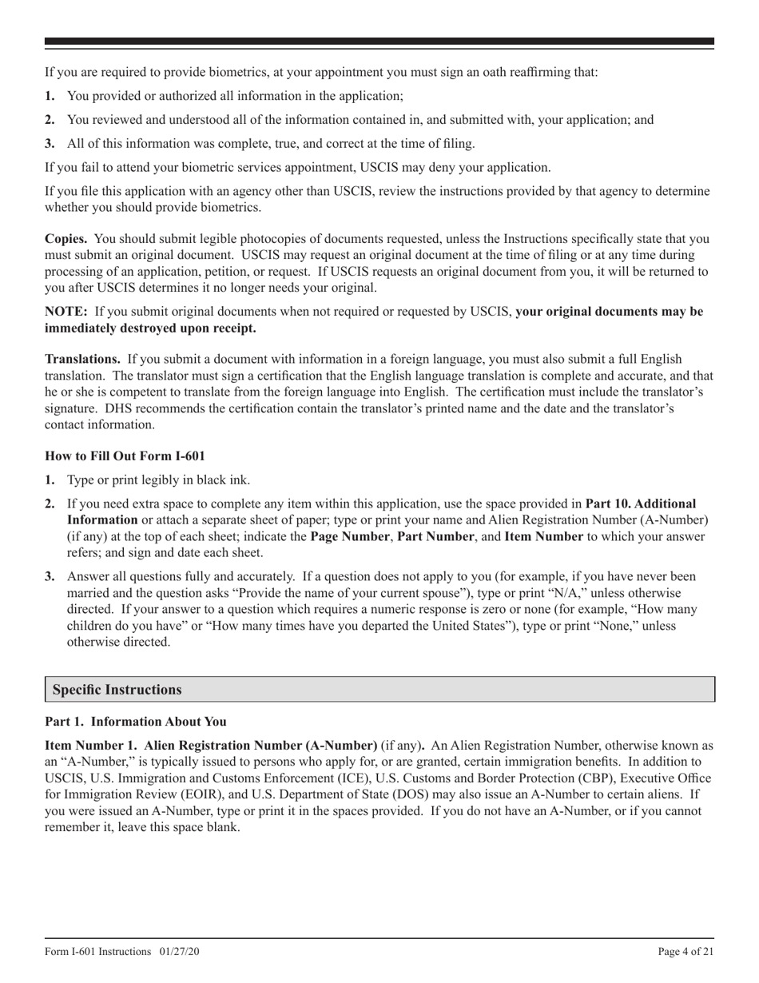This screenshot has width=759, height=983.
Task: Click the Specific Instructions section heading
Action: tap(117, 690)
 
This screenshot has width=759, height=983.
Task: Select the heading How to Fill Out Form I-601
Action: tap(125, 456)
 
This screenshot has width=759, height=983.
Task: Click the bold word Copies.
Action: tap(66, 239)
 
